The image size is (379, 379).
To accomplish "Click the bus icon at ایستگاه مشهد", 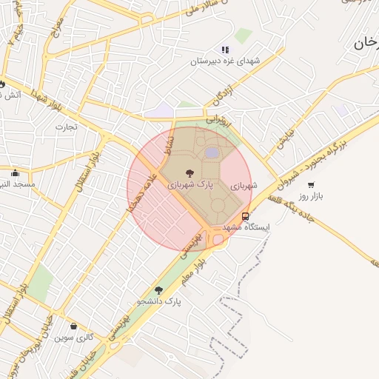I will (x=246, y=216).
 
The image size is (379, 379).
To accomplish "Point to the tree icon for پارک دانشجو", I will (x=158, y=290).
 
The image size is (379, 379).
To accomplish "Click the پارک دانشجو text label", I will (x=158, y=302).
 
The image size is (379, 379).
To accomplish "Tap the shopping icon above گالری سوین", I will (x=73, y=326).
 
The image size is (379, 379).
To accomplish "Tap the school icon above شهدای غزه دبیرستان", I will (x=225, y=49).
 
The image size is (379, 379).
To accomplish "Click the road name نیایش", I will (x=285, y=139).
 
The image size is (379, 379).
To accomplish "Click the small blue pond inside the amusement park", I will (x=212, y=152).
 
